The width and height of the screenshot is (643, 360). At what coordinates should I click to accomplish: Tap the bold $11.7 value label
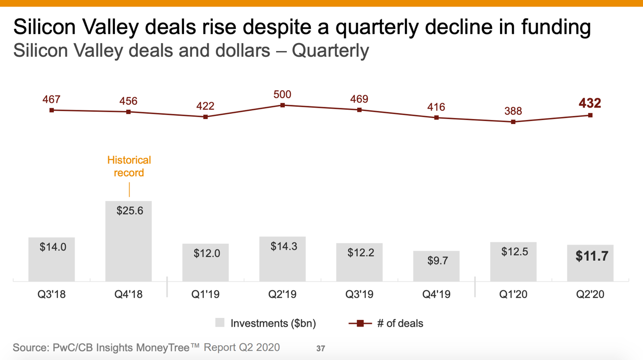coord(591,256)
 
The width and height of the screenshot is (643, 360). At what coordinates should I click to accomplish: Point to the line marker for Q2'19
coord(283,105)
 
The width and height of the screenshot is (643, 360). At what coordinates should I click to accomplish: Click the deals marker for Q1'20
coord(513,122)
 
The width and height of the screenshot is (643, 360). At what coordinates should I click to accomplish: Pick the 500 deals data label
coord(282,95)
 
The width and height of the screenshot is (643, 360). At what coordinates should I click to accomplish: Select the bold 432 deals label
coord(590,103)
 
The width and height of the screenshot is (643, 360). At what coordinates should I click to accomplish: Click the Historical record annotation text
coord(129,167)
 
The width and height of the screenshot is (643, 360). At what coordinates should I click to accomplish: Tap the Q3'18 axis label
coord(52,294)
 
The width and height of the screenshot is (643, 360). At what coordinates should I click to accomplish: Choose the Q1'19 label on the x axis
coord(205,294)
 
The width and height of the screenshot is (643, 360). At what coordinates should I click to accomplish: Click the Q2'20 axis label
coord(590,294)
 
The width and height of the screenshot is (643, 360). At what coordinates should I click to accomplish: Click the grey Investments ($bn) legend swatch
coord(220,323)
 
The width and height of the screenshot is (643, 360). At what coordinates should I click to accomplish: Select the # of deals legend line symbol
coord(360,323)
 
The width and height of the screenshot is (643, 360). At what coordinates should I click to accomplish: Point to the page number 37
coord(321,348)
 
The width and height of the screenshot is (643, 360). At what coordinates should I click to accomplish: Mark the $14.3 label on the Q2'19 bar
coord(284,247)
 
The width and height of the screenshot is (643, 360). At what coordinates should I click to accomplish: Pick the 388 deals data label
coord(513,111)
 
